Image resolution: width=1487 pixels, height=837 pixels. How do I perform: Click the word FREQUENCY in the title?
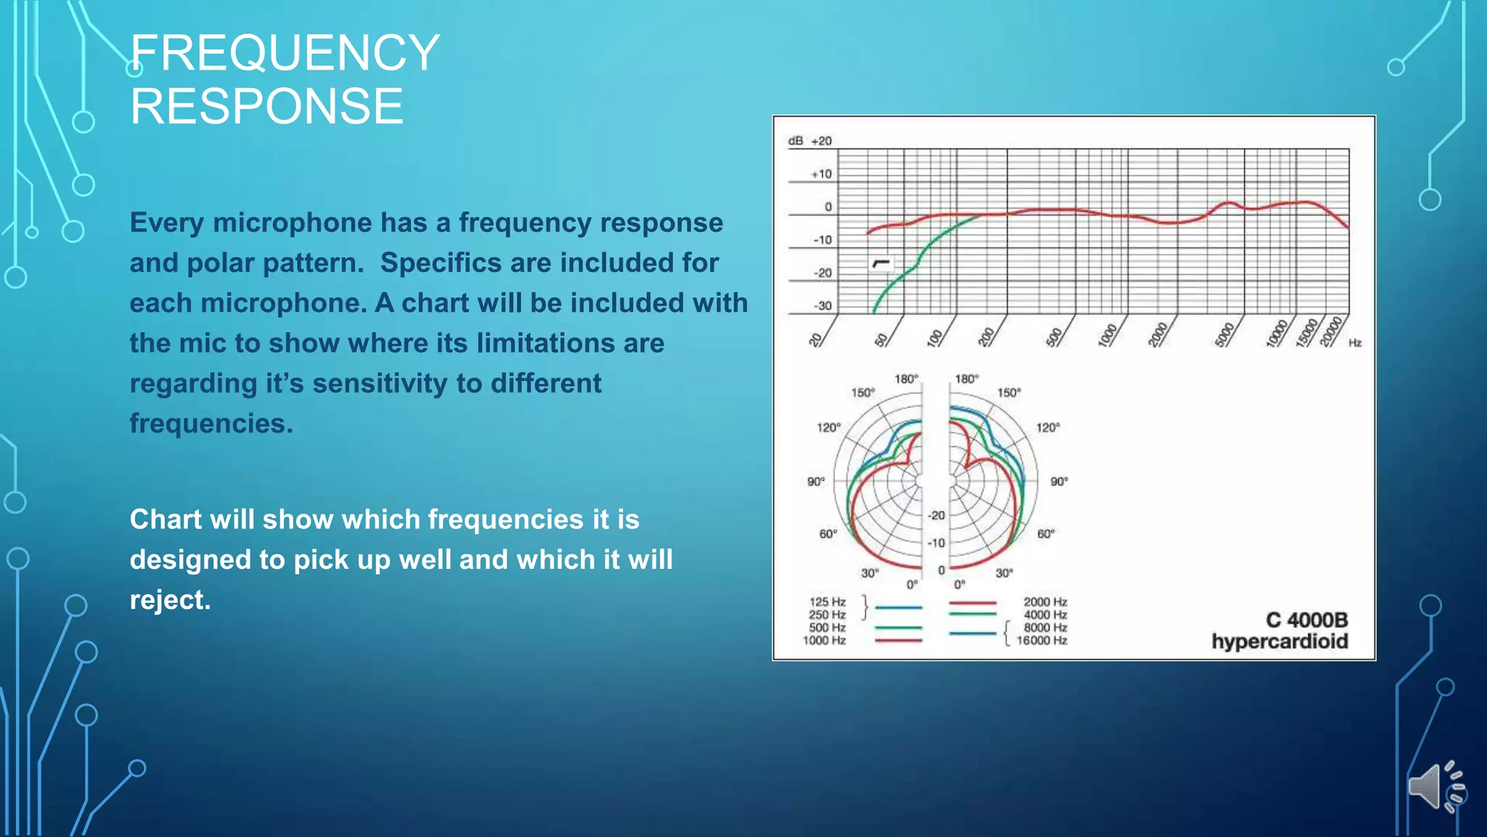(285, 53)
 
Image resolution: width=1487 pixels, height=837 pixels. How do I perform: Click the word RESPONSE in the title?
(266, 106)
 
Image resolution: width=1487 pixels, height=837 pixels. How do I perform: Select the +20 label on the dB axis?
(821, 141)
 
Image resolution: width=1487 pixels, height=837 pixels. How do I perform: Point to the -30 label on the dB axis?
(822, 306)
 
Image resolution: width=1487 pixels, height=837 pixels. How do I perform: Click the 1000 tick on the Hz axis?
(1107, 336)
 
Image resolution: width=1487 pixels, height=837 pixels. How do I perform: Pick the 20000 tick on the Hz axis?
(1330, 333)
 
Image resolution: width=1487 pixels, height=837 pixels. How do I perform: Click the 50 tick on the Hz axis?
(881, 339)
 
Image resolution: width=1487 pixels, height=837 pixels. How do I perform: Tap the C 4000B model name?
(1306, 620)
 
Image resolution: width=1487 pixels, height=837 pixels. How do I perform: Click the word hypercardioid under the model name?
(1279, 642)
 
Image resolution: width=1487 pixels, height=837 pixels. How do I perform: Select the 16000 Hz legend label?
(1041, 640)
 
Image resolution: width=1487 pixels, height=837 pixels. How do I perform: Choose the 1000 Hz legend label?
(824, 640)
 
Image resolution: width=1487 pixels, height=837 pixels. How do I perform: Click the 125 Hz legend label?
(827, 602)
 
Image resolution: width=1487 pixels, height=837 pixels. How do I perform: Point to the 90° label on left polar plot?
(815, 482)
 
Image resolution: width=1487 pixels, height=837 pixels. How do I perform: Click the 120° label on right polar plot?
(1048, 427)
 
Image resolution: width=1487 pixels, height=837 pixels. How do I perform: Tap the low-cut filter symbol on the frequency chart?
(881, 263)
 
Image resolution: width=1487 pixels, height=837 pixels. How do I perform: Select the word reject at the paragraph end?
(170, 600)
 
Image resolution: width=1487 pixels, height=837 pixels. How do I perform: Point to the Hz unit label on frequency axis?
(1355, 343)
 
